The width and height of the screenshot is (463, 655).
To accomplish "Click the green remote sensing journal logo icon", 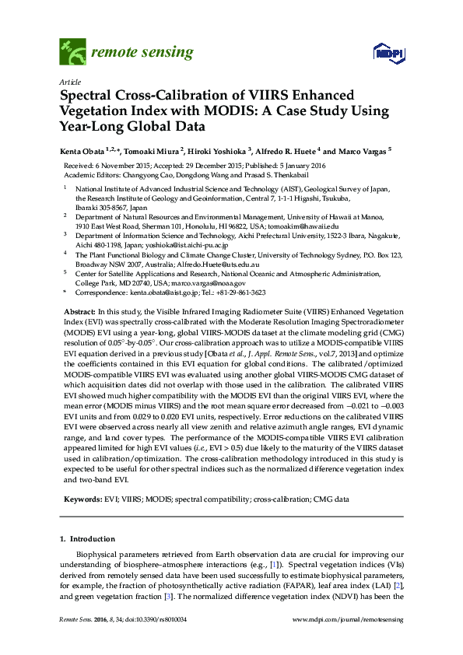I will (x=72, y=53).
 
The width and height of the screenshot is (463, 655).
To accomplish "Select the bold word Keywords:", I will (x=81, y=496).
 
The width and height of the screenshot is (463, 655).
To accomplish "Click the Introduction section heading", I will (x=93, y=538).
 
